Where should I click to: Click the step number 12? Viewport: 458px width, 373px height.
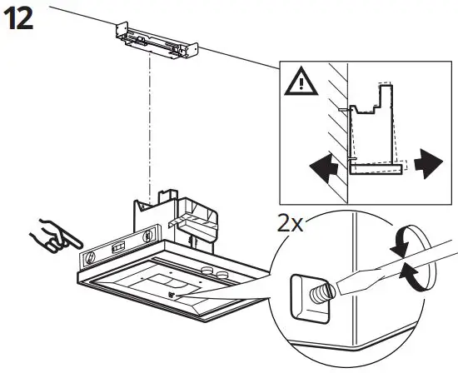pos(20,20)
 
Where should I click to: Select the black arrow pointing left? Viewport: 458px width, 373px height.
pos(323,170)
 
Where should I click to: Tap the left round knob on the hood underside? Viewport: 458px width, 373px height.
pos(207,271)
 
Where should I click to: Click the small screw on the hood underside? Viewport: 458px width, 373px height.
pos(172,292)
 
